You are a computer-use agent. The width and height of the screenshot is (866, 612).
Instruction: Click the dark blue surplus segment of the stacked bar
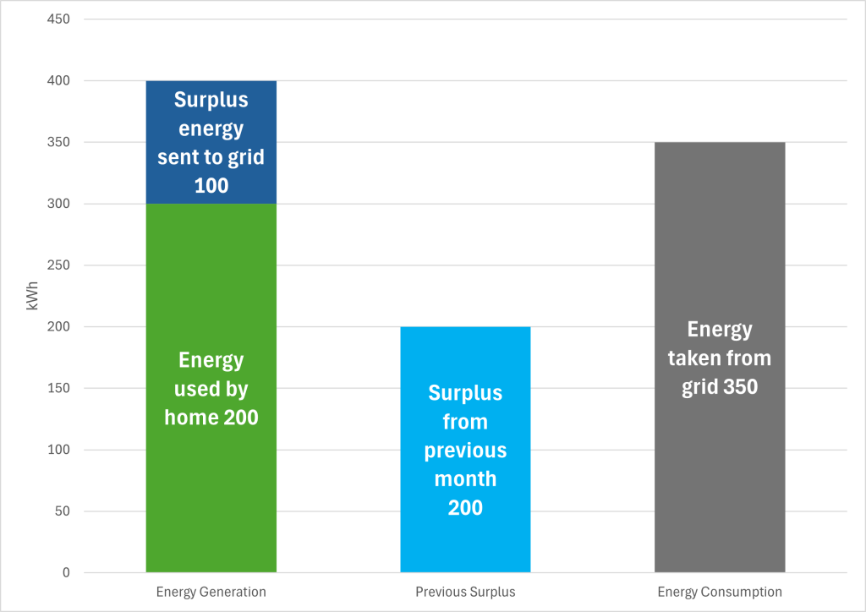[x=211, y=142]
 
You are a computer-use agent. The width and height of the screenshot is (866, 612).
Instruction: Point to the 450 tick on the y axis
[x=59, y=19]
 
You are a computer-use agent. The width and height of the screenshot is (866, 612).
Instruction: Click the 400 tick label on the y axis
[x=59, y=81]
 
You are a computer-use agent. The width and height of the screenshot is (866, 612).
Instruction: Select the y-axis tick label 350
[x=59, y=143]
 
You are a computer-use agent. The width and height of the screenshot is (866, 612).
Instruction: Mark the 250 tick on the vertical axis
[x=59, y=265]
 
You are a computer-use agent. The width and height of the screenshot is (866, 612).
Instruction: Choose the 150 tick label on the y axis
[x=59, y=389]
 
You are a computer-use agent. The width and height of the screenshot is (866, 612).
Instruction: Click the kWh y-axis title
[x=33, y=296]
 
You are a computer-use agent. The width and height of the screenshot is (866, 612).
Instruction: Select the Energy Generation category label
[x=211, y=592]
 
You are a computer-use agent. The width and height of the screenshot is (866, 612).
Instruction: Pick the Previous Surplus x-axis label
[x=465, y=592]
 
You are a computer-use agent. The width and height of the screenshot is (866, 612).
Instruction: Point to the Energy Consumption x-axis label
[x=720, y=592]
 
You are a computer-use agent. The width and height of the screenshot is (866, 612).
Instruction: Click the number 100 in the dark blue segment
[x=211, y=185]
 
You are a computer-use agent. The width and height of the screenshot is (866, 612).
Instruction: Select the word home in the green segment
[x=192, y=418]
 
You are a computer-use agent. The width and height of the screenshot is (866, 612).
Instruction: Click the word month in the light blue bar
[x=465, y=479]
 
